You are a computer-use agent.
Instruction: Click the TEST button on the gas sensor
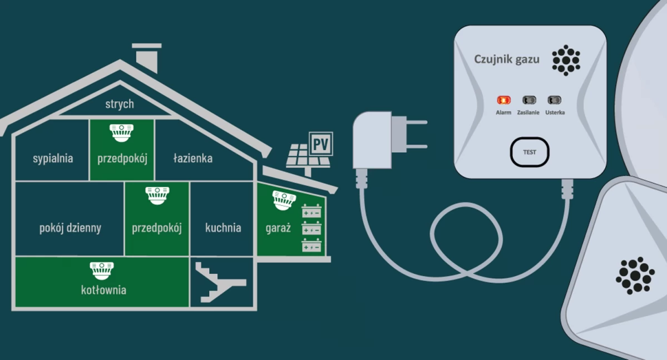pos(530,152)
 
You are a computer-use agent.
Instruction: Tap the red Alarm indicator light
pos(503,100)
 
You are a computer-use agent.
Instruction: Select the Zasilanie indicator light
pos(529,100)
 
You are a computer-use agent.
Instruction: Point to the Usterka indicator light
pos(555,100)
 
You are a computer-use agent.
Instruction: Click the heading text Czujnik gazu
pos(506,59)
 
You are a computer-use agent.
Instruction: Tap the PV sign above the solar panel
pos(320,144)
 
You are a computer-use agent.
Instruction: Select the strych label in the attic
pos(120,104)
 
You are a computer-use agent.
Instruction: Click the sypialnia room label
pos(53,159)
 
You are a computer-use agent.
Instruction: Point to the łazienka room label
pos(192,159)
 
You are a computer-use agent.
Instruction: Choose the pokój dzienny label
pos(70,228)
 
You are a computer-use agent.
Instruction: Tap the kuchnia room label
pos(223,228)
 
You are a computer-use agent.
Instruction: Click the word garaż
pos(278,228)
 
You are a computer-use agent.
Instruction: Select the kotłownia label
pos(103,290)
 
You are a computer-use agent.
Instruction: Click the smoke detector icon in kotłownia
pos(102,270)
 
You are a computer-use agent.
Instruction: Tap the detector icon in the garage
pos(284,200)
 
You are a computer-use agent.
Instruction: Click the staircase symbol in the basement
pos(219,282)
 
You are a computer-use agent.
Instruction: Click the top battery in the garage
pos(312,212)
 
